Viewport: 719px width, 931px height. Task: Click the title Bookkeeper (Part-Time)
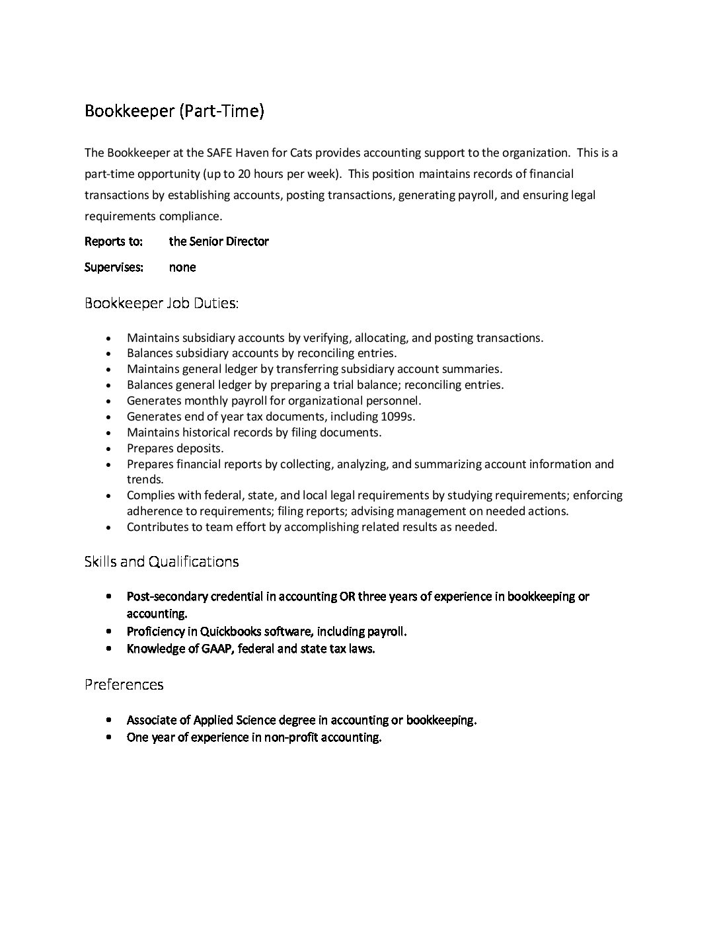[174, 111]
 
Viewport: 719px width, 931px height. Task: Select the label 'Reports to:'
[114, 241]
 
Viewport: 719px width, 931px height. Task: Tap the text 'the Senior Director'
[219, 241]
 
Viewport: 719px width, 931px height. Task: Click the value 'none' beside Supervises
[182, 267]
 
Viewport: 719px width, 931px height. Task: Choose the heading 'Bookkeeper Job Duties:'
[162, 304]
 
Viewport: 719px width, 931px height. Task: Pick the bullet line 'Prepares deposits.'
[175, 448]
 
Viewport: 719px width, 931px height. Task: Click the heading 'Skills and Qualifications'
[161, 561]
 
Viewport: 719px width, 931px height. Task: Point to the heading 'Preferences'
[124, 684]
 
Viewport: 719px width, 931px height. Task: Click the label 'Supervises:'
[114, 267]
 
